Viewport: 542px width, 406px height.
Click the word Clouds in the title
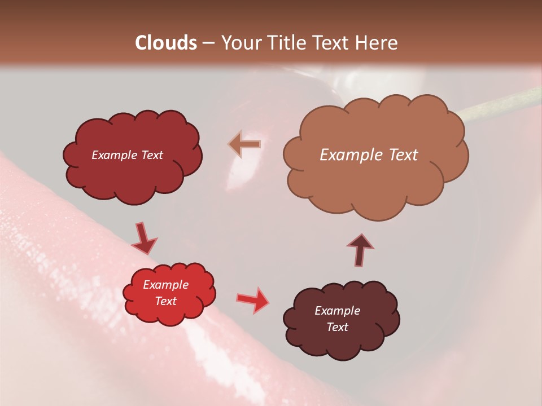tap(166, 43)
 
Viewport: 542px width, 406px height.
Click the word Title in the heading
tap(289, 43)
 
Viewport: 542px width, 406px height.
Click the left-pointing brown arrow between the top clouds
tap(245, 144)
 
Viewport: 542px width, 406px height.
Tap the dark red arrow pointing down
tap(144, 238)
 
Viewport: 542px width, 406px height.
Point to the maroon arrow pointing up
tap(360, 249)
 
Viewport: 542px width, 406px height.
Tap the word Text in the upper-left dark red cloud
tap(151, 155)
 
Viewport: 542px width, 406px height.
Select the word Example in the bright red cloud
tap(165, 285)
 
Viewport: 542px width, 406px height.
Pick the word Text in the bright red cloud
tap(166, 301)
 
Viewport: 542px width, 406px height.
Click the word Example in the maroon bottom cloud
tap(337, 311)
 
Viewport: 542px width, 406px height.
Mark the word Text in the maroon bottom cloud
tap(337, 327)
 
